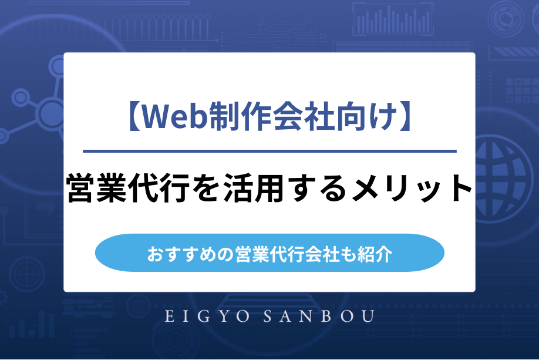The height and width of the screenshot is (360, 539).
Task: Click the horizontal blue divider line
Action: [x=269, y=152]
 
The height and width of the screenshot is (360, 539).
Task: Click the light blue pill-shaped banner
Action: [x=269, y=253]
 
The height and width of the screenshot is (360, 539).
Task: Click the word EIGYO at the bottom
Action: [x=205, y=317]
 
